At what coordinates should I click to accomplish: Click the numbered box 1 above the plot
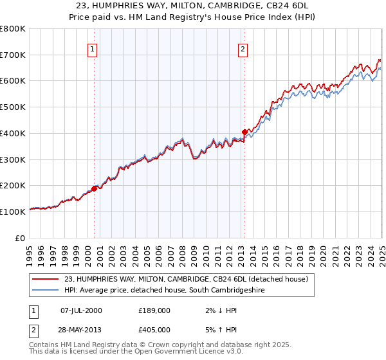(93, 50)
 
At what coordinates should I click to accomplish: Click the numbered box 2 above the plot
(243, 50)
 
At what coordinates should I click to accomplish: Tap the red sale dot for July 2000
(95, 188)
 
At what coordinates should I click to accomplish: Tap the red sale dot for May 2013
(245, 132)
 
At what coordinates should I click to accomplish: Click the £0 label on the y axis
(21, 238)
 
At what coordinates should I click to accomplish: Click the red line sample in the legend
(46, 279)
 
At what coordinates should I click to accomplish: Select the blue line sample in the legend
(46, 291)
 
